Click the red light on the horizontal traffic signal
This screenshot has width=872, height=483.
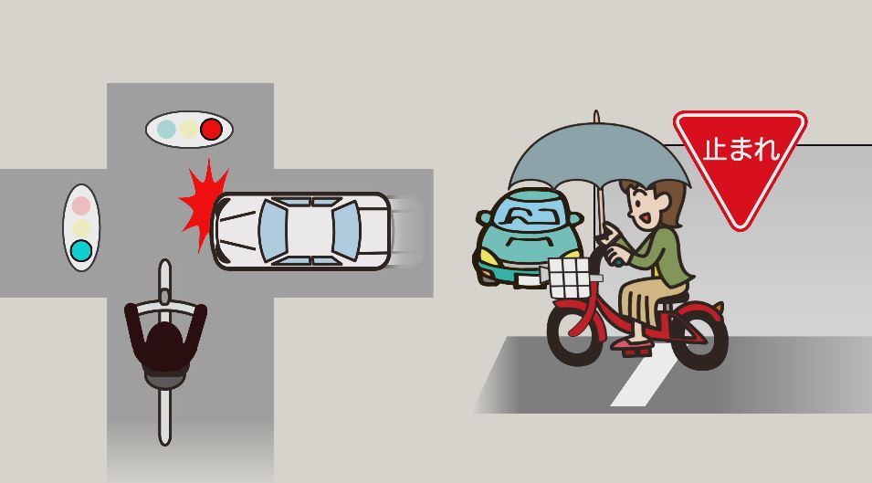(211, 130)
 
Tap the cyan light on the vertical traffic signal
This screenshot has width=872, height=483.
(81, 251)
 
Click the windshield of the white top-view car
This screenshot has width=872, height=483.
(272, 231)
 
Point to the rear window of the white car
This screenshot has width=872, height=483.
(346, 231)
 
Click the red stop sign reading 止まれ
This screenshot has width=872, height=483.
(740, 162)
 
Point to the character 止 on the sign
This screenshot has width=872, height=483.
(715, 149)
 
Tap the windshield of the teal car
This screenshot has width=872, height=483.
(526, 213)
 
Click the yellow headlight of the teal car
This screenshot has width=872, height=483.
(489, 257)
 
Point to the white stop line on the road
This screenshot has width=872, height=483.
(646, 377)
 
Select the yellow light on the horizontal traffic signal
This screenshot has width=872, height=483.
(188, 130)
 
